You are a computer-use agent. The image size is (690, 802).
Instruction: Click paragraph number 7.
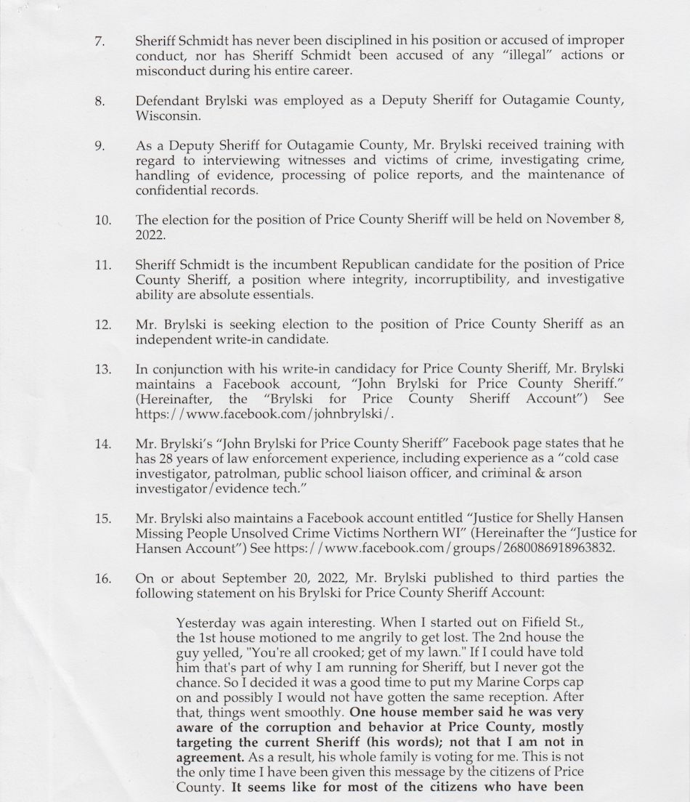point(100,41)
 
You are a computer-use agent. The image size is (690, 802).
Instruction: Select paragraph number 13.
point(102,369)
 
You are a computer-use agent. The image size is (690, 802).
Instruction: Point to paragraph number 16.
point(102,578)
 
